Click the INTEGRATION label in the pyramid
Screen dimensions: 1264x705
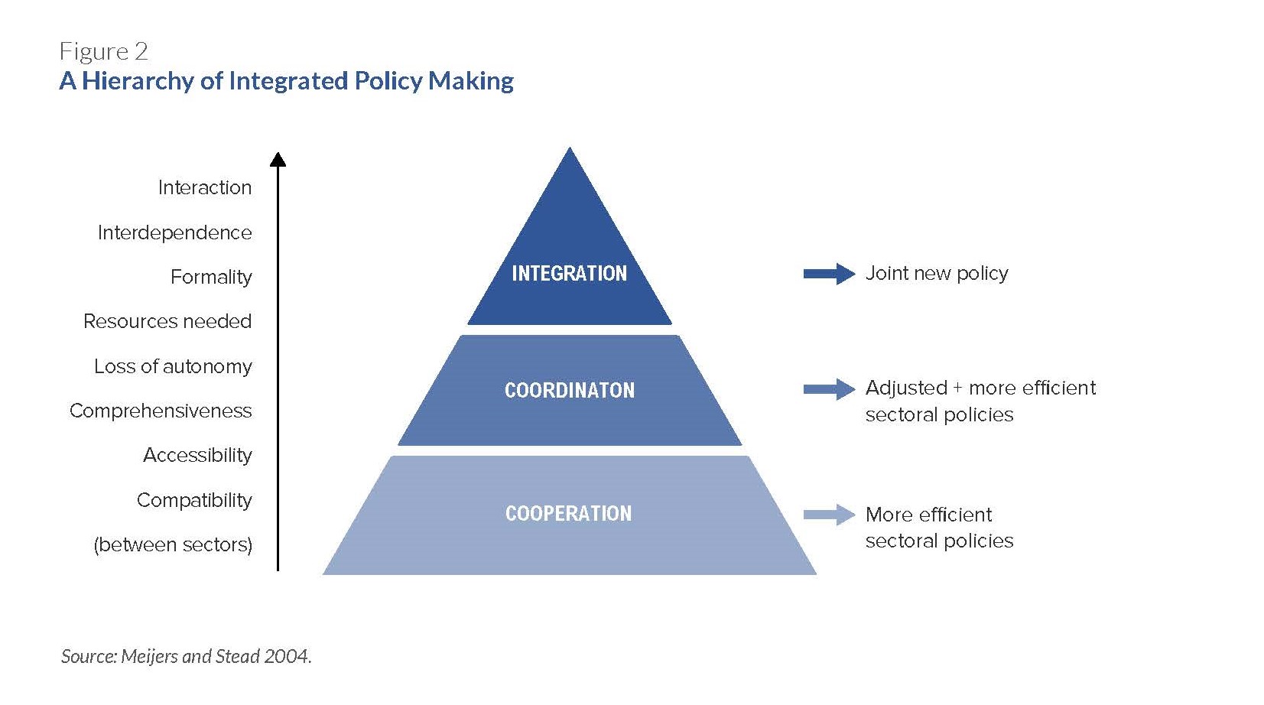tap(569, 273)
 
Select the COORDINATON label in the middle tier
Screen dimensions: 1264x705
tap(570, 390)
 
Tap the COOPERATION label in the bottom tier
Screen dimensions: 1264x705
tap(568, 513)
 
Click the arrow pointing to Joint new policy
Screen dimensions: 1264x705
tap(829, 274)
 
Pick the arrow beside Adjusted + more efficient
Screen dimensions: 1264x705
tap(829, 389)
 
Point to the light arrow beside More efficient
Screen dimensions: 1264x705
tap(829, 514)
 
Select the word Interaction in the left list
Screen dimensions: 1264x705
tap(204, 187)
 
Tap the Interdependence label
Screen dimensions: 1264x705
tap(174, 232)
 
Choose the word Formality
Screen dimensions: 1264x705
tap(211, 277)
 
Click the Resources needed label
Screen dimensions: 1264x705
tap(167, 321)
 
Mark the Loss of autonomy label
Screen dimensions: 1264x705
tap(173, 366)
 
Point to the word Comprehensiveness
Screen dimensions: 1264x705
tap(161, 411)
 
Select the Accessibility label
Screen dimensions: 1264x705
tap(197, 455)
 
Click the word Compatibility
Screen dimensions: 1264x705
tap(194, 500)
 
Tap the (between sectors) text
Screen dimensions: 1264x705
tap(173, 544)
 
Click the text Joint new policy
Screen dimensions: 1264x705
tap(937, 274)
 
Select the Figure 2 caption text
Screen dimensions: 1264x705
tap(103, 52)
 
